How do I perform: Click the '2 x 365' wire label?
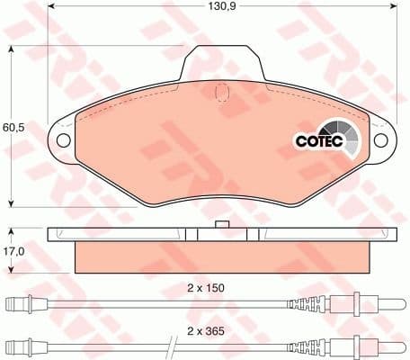(x=206, y=331)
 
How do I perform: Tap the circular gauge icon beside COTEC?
(x=347, y=138)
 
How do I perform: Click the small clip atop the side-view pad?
(x=218, y=223)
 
